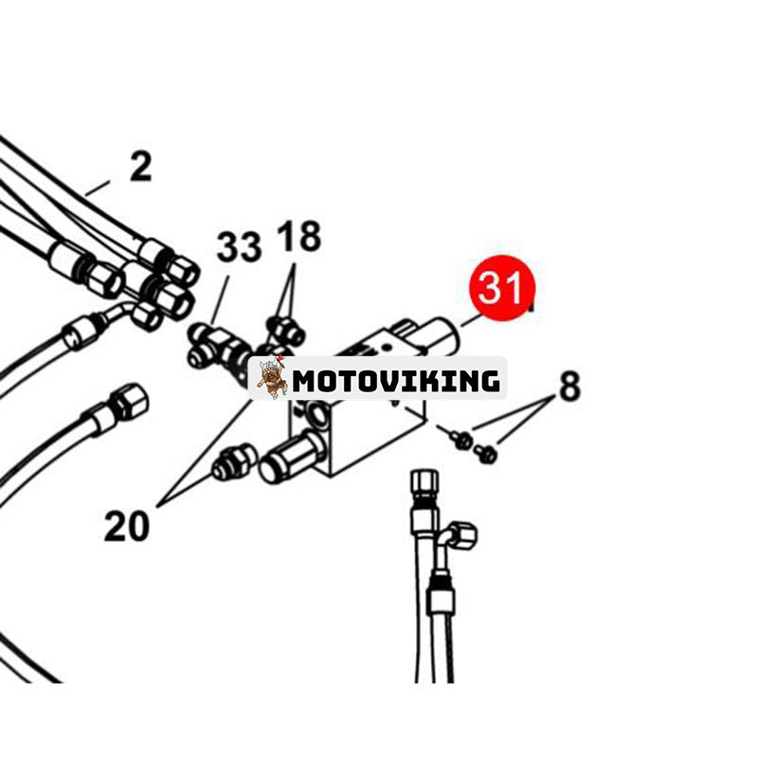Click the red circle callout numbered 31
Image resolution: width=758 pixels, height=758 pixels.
click(x=502, y=288)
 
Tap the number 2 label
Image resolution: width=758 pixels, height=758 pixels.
click(x=140, y=168)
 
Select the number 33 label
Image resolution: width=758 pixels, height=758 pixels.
click(x=239, y=247)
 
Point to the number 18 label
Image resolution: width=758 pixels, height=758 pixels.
click(x=298, y=236)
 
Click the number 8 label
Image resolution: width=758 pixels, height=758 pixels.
click(x=569, y=387)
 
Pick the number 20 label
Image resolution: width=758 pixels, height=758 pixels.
click(x=127, y=526)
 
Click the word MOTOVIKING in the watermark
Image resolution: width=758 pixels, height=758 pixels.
click(x=396, y=381)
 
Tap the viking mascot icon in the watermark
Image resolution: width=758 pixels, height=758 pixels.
click(x=271, y=377)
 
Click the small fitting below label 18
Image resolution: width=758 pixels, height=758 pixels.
click(x=286, y=330)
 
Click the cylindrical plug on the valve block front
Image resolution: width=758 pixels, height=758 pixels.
click(x=292, y=456)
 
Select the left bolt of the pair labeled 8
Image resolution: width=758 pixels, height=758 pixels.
click(x=460, y=440)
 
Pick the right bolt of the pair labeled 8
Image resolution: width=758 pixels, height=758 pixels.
click(x=485, y=454)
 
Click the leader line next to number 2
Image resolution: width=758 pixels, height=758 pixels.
click(x=99, y=188)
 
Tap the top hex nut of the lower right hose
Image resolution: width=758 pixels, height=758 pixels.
click(x=424, y=484)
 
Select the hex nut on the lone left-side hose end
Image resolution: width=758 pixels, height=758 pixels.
click(x=129, y=401)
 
